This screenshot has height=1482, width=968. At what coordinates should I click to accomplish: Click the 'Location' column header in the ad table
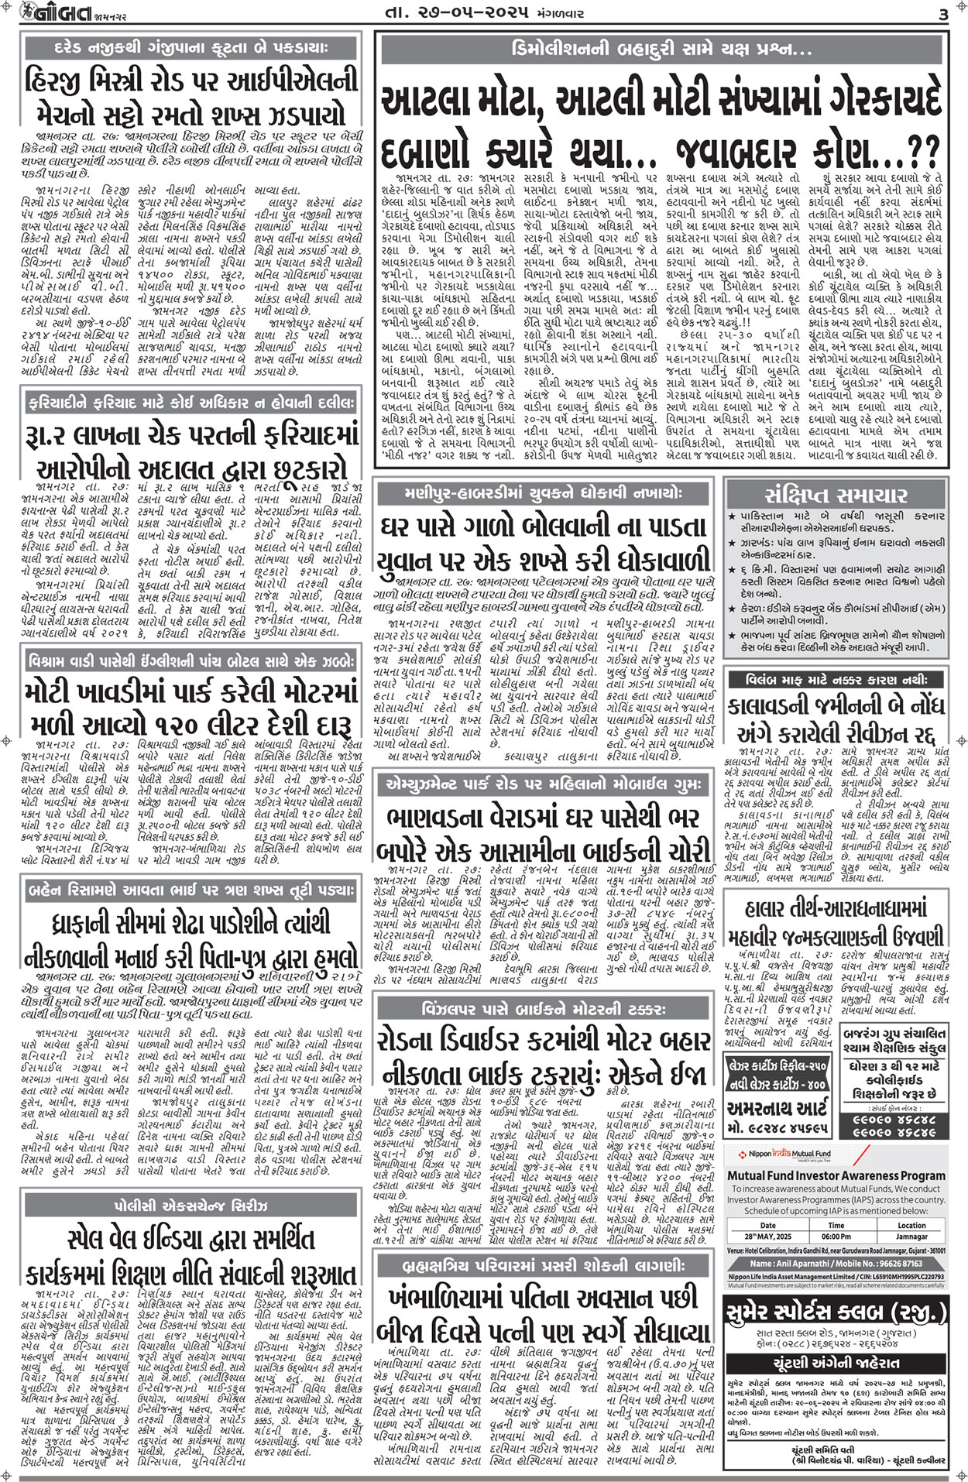pyautogui.click(x=911, y=1226)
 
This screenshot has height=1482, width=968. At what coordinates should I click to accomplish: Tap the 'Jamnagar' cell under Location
pyautogui.click(x=911, y=1237)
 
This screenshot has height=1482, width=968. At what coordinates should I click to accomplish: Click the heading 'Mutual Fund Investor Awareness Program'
pyautogui.click(x=836, y=1175)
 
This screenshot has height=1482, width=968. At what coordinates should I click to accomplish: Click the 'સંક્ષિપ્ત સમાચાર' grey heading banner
pyautogui.click(x=836, y=495)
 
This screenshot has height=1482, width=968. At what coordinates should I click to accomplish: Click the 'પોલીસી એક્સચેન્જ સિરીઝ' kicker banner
pyautogui.click(x=191, y=1206)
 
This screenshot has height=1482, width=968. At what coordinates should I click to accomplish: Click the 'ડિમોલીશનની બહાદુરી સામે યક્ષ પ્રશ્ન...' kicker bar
pyautogui.click(x=661, y=50)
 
